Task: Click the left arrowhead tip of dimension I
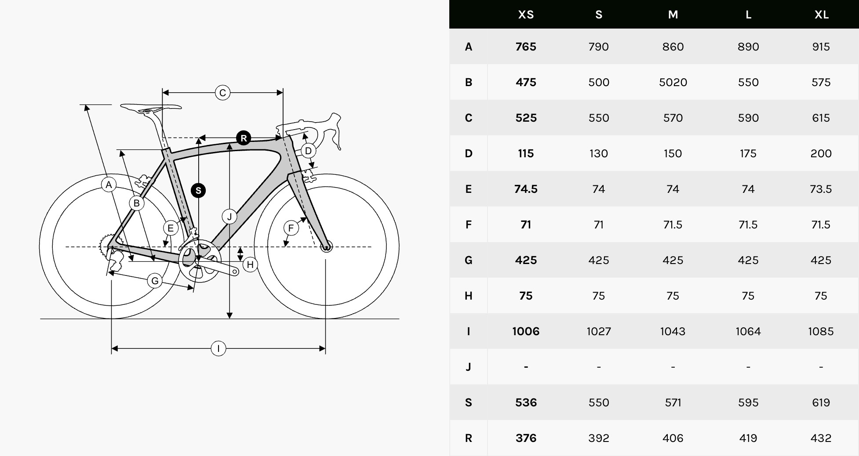112,349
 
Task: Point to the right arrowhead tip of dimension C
283,93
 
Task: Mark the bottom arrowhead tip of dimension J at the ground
229,318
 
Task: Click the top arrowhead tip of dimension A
86,105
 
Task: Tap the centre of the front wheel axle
326,246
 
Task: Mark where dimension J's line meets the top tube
229,144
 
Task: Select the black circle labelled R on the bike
244,138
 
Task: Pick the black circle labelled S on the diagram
198,191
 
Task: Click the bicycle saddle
150,107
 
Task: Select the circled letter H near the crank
250,264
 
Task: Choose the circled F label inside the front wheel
291,228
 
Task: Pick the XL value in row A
821,47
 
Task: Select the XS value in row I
526,331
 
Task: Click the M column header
673,14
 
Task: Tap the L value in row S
748,402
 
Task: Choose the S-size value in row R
599,438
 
